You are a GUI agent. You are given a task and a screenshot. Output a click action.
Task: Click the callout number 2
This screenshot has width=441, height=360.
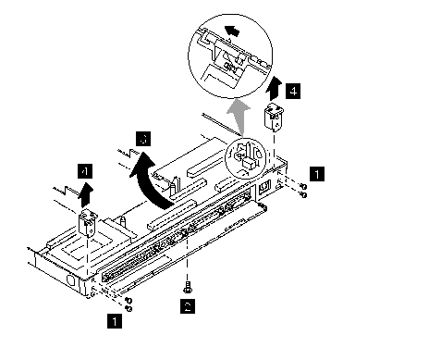[188, 306]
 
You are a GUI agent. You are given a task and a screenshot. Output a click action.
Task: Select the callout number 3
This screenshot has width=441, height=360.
[143, 139]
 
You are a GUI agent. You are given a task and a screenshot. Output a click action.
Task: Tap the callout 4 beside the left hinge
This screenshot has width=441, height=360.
[85, 171]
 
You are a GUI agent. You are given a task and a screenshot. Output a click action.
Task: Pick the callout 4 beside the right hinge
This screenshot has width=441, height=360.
[293, 91]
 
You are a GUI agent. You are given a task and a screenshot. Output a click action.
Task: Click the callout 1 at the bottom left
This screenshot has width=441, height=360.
[115, 321]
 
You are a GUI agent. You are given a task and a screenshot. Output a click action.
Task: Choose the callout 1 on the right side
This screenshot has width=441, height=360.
[317, 174]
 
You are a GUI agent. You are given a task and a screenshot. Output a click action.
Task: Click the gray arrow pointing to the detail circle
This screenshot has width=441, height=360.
[239, 118]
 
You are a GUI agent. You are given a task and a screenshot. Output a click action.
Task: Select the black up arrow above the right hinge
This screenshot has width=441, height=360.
[275, 89]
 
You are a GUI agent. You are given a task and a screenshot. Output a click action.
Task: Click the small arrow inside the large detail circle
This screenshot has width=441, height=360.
[232, 31]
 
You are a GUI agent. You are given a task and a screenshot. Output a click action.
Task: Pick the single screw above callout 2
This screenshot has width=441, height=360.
[187, 288]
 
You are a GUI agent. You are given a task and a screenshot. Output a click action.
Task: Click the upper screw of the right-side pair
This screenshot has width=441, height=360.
[303, 186]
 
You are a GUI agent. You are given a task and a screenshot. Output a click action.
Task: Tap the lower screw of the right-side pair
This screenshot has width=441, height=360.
[304, 194]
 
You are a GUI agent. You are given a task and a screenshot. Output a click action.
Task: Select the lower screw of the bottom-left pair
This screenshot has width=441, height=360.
[129, 308]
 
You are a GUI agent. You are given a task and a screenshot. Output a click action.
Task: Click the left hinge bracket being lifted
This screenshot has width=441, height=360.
[88, 221]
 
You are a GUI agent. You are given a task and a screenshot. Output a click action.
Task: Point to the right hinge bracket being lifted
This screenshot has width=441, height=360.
[274, 118]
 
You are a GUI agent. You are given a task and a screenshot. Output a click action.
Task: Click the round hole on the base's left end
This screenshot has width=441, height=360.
[71, 280]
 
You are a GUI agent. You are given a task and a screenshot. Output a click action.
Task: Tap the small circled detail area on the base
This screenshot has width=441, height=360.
[245, 158]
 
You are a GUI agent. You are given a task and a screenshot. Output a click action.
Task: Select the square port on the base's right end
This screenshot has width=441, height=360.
[264, 187]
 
